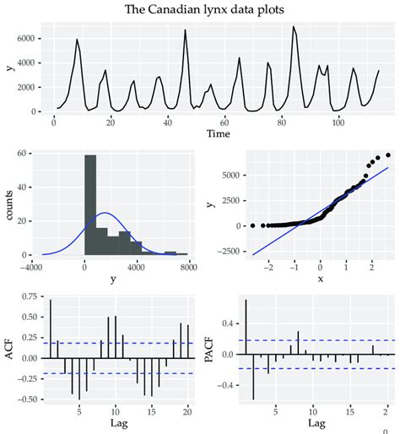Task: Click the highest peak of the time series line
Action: [x=294, y=27]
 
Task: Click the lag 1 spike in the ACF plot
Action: [x=51, y=328]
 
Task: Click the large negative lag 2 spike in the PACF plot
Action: [x=252, y=377]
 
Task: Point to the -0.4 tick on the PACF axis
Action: [x=224, y=385]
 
